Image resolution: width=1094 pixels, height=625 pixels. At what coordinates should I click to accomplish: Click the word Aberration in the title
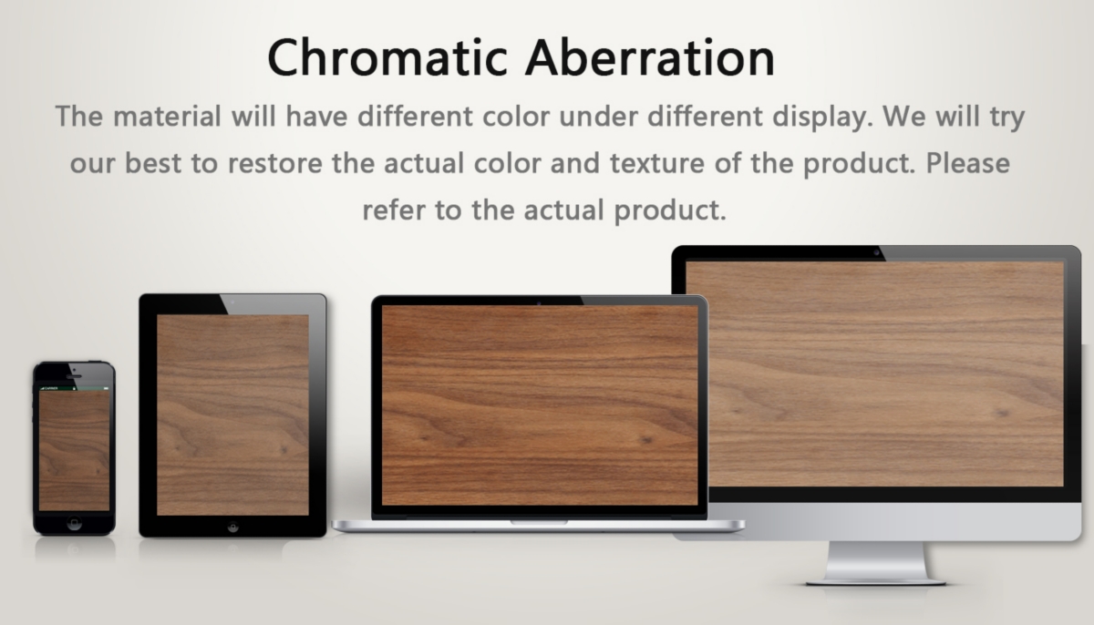[x=650, y=57]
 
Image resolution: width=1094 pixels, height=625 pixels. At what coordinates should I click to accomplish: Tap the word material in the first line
[x=167, y=117]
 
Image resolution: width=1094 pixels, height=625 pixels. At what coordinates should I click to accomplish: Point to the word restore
[x=275, y=163]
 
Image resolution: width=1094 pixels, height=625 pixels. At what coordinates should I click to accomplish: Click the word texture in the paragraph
[x=657, y=163]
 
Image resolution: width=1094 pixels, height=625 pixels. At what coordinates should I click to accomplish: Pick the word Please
[x=967, y=163]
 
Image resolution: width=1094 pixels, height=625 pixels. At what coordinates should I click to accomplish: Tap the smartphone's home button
[x=74, y=523]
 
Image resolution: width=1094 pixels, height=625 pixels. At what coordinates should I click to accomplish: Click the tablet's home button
[x=233, y=527]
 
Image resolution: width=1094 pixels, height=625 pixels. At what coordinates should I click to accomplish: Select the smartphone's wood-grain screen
[x=74, y=450]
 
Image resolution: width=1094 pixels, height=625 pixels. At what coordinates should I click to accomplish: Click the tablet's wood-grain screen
[x=232, y=415]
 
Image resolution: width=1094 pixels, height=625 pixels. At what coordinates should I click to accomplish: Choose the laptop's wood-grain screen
[x=540, y=405]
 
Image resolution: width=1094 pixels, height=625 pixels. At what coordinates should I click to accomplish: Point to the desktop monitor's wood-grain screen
[x=874, y=374]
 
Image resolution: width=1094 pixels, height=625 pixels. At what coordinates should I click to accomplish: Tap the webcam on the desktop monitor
[x=876, y=252]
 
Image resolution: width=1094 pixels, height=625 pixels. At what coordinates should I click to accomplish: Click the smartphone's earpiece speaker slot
[x=74, y=376]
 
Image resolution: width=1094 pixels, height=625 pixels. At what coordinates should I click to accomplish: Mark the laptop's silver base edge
[x=539, y=526]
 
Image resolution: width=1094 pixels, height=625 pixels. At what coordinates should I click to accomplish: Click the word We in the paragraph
[x=904, y=117]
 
